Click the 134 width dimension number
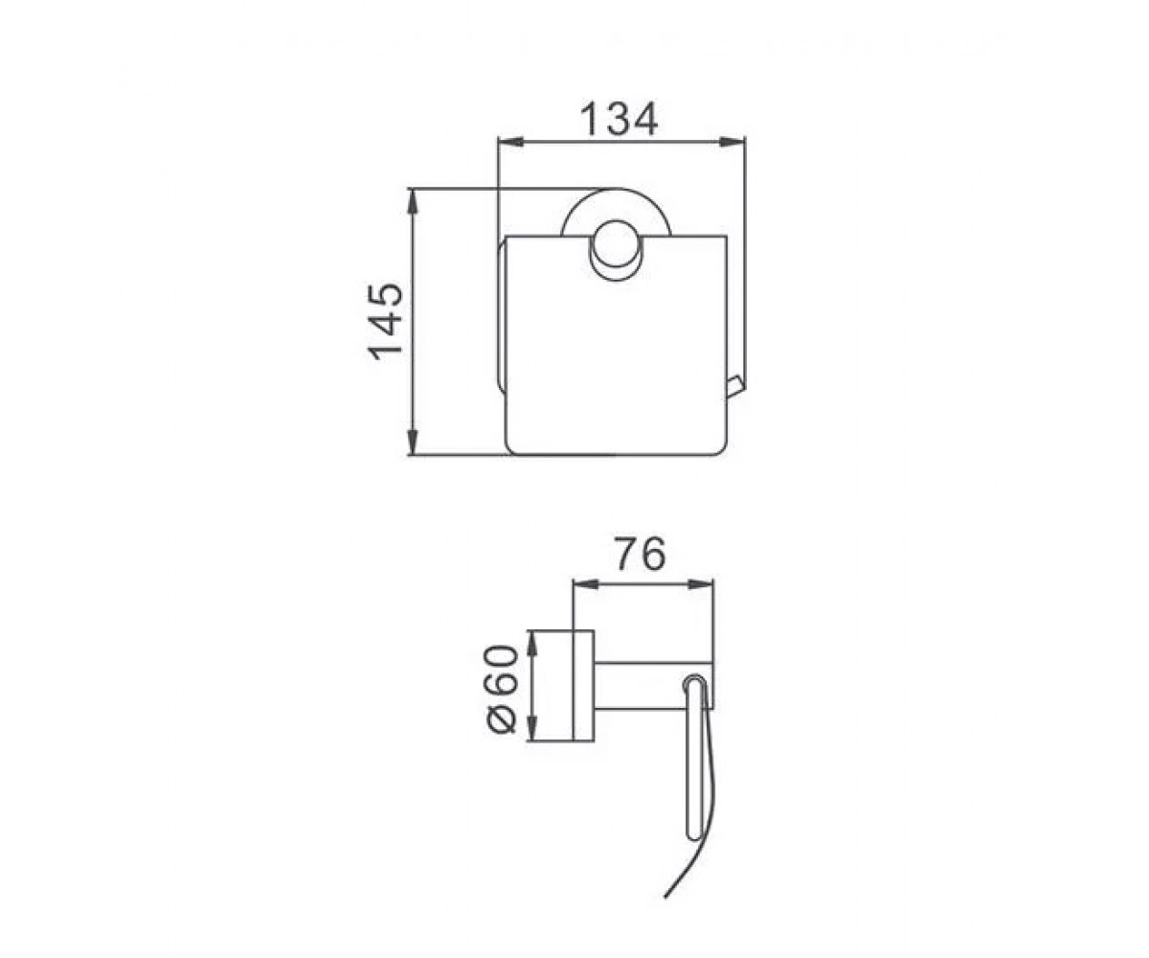(x=620, y=119)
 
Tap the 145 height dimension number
(x=385, y=322)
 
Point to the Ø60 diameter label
(x=503, y=689)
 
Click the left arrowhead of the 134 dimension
(x=510, y=142)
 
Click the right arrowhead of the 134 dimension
(x=733, y=142)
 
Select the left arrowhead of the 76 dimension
(x=586, y=584)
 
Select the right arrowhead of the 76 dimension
(x=702, y=584)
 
